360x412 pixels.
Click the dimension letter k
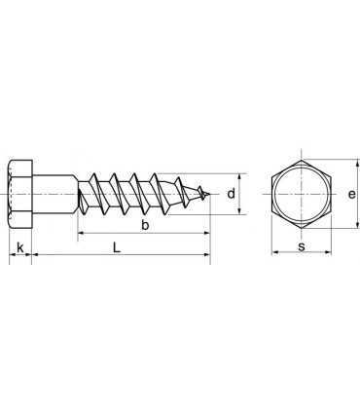pyautogui.click(x=20, y=247)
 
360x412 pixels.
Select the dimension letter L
pyautogui.click(x=117, y=247)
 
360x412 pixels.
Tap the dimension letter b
pyautogui.click(x=145, y=225)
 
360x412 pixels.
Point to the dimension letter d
pyautogui.click(x=231, y=194)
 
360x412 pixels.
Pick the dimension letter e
pyautogui.click(x=351, y=194)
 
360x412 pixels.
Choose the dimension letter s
pyautogui.click(x=302, y=246)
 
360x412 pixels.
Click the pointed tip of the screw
pyautogui.click(x=209, y=195)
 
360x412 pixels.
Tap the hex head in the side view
pyautogui.click(x=20, y=194)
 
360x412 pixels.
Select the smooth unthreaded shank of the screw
pyautogui.click(x=55, y=194)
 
